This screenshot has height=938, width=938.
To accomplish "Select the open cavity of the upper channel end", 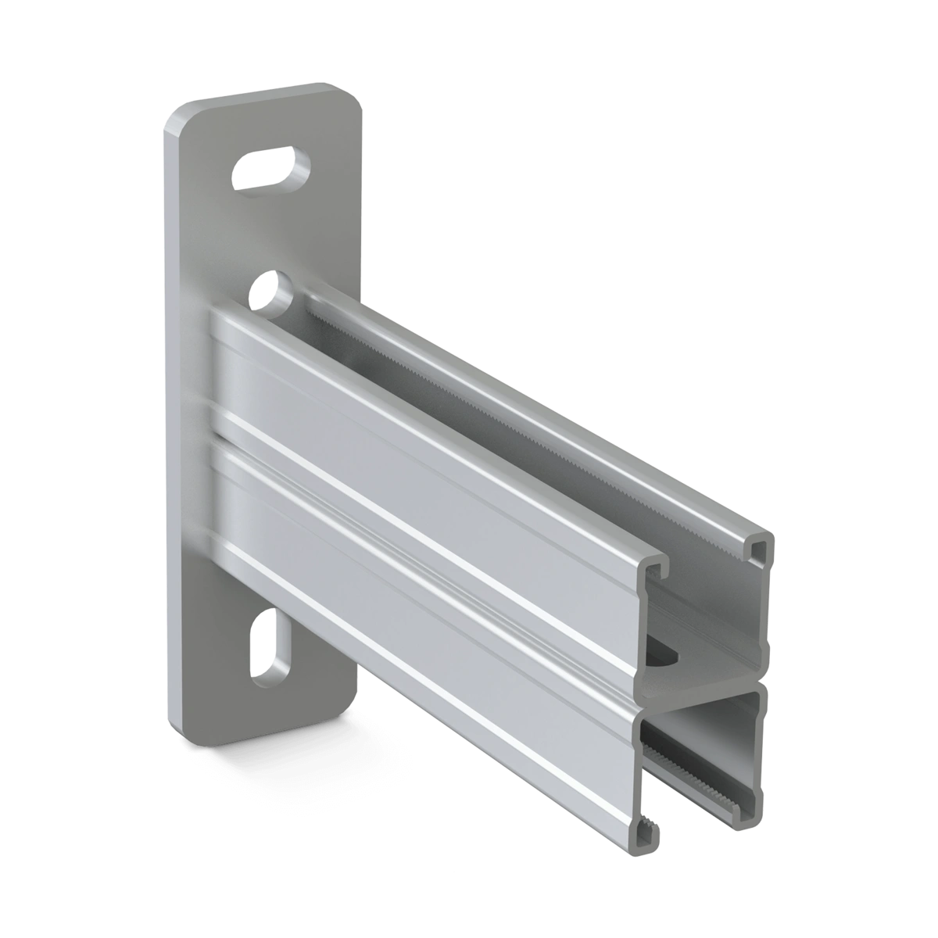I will pyautogui.click(x=707, y=618).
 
